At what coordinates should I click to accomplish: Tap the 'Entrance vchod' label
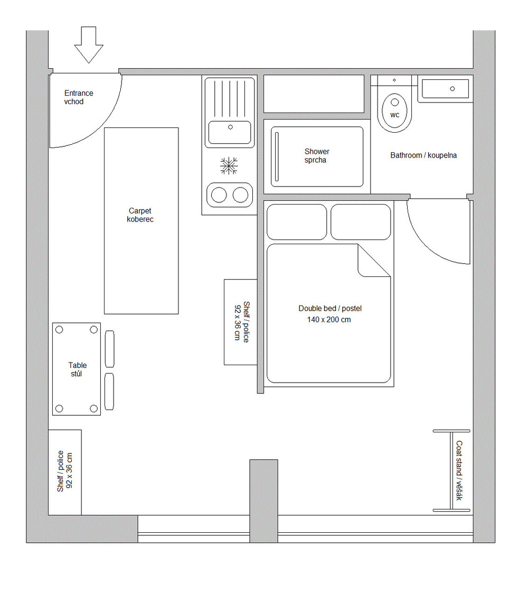pyautogui.click(x=79, y=97)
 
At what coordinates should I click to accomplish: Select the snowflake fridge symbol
pyautogui.click(x=229, y=165)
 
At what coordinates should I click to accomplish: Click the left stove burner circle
pyautogui.click(x=219, y=195)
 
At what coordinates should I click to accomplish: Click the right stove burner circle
pyautogui.click(x=240, y=195)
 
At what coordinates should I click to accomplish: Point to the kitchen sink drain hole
pyautogui.click(x=230, y=127)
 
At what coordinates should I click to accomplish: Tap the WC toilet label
pyautogui.click(x=394, y=115)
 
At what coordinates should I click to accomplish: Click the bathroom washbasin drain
pyautogui.click(x=452, y=89)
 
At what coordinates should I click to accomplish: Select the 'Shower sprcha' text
pyautogui.click(x=316, y=155)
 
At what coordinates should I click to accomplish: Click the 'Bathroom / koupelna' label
pyautogui.click(x=423, y=155)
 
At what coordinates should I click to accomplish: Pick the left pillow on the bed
pyautogui.click(x=297, y=222)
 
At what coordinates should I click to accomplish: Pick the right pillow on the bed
pyautogui.click(x=361, y=222)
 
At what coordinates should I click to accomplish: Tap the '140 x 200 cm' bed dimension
pyautogui.click(x=329, y=320)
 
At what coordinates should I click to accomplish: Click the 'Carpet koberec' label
pyautogui.click(x=140, y=215)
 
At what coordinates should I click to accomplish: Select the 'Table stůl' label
pyautogui.click(x=77, y=369)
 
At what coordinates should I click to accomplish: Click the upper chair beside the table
pyautogui.click(x=109, y=349)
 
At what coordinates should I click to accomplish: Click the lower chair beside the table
pyautogui.click(x=109, y=392)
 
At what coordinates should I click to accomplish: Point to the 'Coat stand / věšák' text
pyautogui.click(x=459, y=470)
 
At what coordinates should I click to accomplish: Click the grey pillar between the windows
pyautogui.click(x=263, y=501)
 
